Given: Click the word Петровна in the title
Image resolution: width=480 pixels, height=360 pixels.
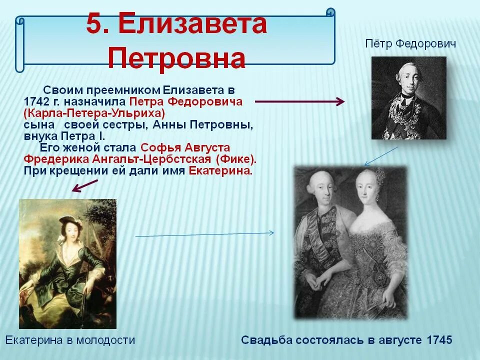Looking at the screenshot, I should [176, 58].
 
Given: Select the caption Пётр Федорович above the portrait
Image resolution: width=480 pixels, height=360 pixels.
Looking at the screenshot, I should [410, 44].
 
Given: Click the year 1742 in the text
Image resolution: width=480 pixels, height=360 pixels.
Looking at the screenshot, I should [38, 102].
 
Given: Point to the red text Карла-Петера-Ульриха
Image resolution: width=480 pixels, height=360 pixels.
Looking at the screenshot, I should [94, 113].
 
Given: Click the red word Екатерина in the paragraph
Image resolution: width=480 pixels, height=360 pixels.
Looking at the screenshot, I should [220, 170].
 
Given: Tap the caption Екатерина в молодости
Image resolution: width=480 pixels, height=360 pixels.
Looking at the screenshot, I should [70, 340].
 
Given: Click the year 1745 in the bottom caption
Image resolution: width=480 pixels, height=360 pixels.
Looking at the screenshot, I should [440, 340].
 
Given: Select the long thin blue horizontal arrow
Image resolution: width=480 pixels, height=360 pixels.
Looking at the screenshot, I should [204, 234].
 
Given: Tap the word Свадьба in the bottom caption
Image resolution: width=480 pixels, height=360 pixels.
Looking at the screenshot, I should [265, 340].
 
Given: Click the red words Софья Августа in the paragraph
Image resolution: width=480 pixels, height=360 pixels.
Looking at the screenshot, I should [185, 148].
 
